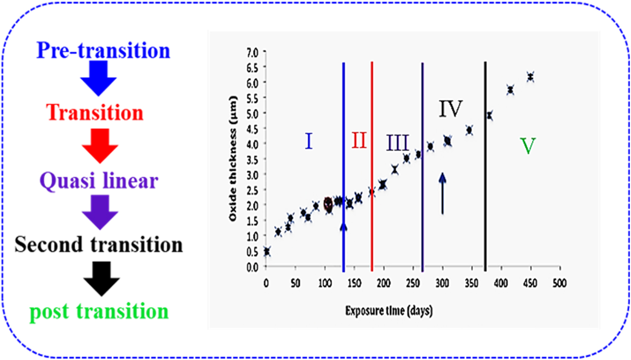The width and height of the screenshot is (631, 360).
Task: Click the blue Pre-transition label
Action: coord(103,50)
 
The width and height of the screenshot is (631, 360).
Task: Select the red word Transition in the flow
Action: coord(96,113)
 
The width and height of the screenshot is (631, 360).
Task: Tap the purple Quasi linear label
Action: coord(99,181)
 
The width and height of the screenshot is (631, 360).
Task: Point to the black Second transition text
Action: coord(98,245)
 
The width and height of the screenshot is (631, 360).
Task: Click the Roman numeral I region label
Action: coord(308,141)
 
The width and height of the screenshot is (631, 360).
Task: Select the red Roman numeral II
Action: coord(359,141)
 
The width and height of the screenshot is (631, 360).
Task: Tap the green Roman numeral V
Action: coord(528,146)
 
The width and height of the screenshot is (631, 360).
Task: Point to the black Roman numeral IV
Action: coord(449,110)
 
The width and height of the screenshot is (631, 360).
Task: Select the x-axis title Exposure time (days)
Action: coord(389,312)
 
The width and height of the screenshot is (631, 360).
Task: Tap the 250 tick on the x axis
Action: coord(413,283)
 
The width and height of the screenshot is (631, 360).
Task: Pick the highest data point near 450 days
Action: coord(530,77)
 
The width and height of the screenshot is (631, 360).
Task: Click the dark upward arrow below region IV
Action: coord(442,192)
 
